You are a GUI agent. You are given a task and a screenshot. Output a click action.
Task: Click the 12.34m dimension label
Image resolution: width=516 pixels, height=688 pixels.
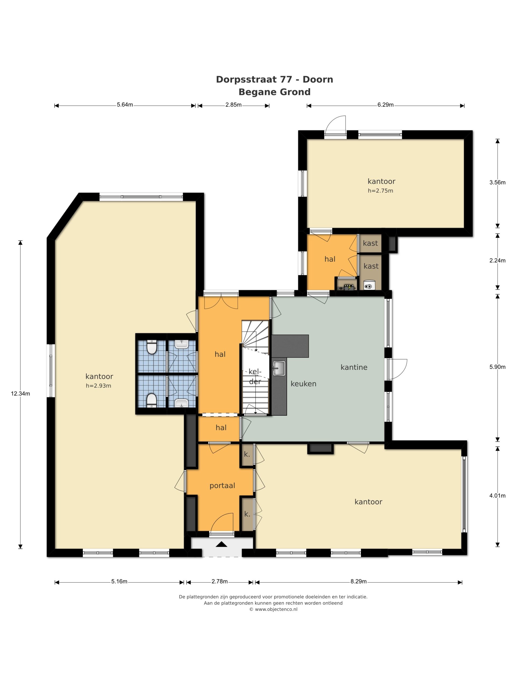[20, 393]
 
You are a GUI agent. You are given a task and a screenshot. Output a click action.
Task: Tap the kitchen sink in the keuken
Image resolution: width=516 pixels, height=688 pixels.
[279, 368]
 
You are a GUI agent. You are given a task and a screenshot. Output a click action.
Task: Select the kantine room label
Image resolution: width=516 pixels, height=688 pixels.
[354, 367]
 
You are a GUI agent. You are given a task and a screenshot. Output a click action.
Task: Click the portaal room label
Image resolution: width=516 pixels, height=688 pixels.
[222, 486]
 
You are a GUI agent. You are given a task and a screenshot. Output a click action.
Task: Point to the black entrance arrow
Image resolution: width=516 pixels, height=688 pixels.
[221, 544]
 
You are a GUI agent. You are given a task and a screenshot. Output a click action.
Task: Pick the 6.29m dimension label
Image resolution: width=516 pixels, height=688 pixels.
[386, 105]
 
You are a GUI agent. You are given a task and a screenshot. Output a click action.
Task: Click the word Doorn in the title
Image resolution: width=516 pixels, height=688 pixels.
[318, 80]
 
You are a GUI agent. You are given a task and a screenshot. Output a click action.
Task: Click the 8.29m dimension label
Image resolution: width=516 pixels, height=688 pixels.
[359, 581]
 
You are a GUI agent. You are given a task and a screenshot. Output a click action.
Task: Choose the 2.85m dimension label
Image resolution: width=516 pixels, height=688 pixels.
[234, 105]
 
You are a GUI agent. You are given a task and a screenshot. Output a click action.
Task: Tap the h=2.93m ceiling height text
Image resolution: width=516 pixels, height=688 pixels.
[98, 386]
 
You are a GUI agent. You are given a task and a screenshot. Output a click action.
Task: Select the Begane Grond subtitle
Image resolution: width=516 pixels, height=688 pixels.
[274, 92]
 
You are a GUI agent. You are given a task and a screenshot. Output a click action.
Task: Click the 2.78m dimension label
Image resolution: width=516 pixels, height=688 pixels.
[220, 581]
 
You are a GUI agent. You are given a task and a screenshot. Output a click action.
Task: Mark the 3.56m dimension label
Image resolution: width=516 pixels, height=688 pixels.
[497, 182]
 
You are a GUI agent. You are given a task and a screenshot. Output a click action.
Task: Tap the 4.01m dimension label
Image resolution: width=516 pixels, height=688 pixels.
[497, 496]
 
